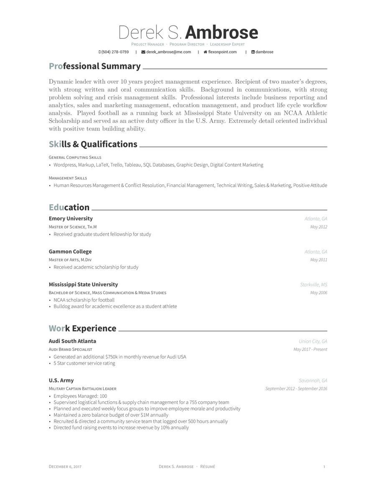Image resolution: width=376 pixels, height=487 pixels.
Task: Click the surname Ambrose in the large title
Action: click(221, 33)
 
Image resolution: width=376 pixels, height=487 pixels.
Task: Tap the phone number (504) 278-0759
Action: click(114, 52)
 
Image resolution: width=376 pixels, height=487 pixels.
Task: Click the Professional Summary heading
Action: click(95, 66)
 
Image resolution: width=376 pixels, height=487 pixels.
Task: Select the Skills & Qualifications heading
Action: click(93, 144)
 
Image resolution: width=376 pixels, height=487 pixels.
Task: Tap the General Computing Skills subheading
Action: click(75, 158)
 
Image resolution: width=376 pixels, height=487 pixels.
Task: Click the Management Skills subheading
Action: click(68, 178)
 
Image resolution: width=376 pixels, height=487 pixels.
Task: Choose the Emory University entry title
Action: click(71, 219)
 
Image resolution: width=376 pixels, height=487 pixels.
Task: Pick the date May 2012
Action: click(318, 227)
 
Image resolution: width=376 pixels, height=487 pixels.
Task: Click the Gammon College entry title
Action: click(70, 252)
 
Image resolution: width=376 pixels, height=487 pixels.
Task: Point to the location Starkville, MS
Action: click(313, 285)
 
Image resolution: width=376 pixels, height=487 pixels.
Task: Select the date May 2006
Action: click(318, 293)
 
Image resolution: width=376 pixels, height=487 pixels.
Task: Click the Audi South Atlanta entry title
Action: click(72, 341)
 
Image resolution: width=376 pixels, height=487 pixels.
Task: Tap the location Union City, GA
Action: click(313, 342)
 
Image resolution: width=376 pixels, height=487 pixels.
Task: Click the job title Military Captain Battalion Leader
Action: click(82, 389)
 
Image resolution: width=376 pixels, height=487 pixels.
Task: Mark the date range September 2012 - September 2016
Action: click(296, 389)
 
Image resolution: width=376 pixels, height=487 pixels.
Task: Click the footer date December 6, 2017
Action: click(65, 467)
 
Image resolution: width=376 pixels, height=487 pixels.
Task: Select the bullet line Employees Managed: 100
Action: click(80, 396)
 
